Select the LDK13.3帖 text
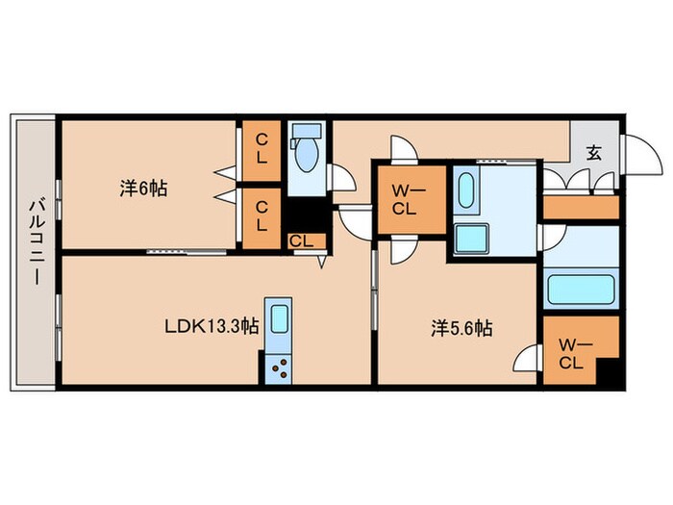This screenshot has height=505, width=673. click(x=210, y=325)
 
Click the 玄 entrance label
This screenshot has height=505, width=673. click(x=594, y=151)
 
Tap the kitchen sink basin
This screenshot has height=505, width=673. click(x=279, y=318)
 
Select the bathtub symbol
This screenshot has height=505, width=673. click(x=580, y=290)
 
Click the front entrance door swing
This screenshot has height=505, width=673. click(x=635, y=154)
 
